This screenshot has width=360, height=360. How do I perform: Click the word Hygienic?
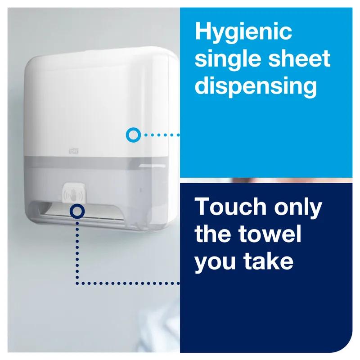coord(243,33)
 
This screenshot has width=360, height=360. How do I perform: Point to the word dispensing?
coord(256,86)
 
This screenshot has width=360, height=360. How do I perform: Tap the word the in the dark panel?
coord(213,234)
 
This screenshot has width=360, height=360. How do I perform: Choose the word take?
coord(269,261)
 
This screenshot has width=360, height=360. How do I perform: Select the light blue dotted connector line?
coord(160,134)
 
